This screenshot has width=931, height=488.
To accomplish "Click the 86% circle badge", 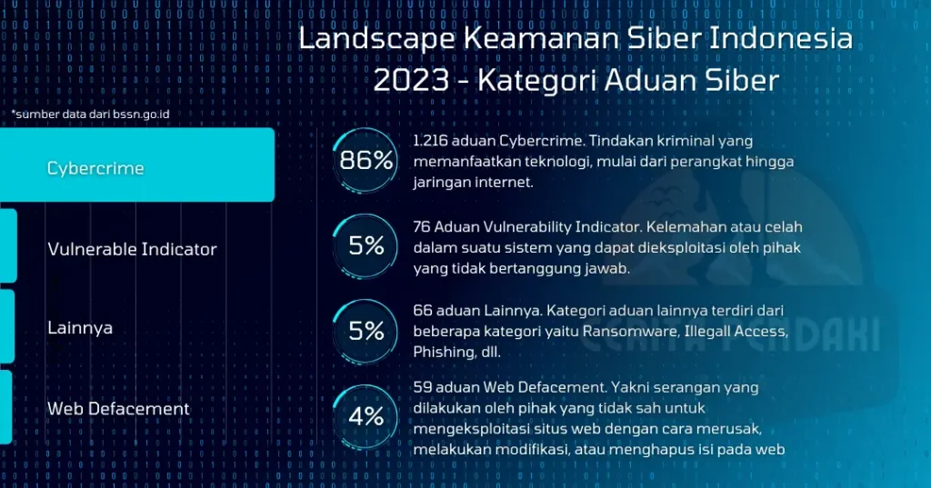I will pos(366,161).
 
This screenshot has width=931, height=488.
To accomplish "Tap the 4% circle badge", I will pos(366,417).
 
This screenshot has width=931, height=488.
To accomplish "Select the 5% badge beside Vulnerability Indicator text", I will pos(366,245).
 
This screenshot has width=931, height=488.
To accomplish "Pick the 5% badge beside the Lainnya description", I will pos(366,331).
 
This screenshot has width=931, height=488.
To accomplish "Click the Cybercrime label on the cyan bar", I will pos(95,168).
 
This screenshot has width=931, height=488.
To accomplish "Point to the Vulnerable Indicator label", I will pos(132,249).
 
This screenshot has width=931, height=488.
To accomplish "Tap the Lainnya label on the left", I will pos(80,327).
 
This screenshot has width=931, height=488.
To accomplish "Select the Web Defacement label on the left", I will pos(118,408).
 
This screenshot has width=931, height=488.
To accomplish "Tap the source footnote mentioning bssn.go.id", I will pos(91,115).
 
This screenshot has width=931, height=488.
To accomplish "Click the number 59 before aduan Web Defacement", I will pos(422,388).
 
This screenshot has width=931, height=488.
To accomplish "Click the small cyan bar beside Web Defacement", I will pos(5,406).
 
